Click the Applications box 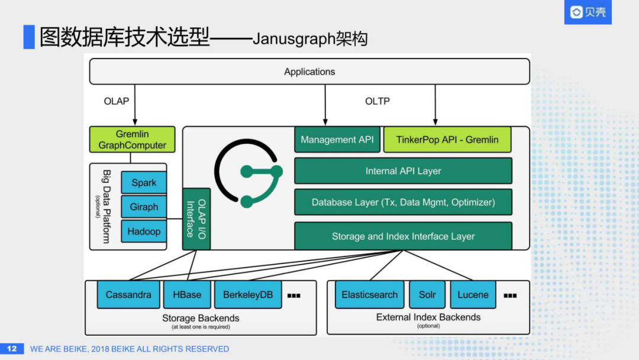(309, 72)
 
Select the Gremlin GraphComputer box (132, 140)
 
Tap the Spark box (144, 182)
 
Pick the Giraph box (144, 207)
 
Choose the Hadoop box (144, 232)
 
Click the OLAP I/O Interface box (196, 219)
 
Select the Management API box (337, 140)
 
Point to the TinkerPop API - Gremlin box (447, 140)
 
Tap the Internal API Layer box (403, 171)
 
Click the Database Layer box (403, 202)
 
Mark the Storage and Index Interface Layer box (403, 236)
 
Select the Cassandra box (128, 294)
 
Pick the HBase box (187, 294)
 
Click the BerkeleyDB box (248, 294)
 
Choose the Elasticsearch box (370, 294)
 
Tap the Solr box (427, 294)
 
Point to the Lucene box (473, 294)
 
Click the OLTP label (377, 101)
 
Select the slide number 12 (12, 349)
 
